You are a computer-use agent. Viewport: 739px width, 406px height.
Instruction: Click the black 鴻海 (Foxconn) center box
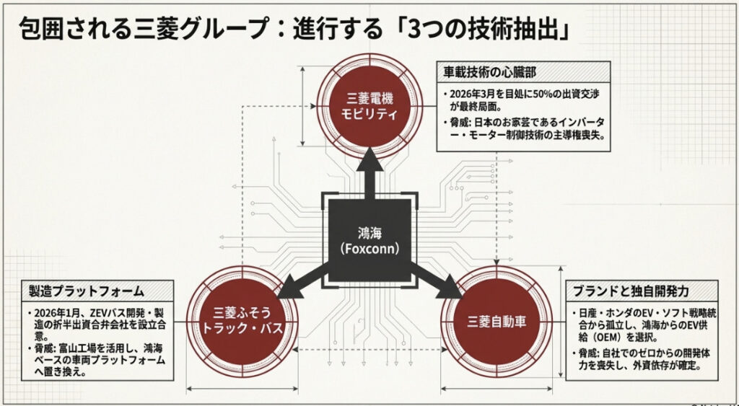tap(369, 241)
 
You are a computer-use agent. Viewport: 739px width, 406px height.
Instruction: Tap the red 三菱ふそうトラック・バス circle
tap(242, 322)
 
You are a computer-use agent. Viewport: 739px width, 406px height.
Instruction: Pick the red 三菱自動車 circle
tap(496, 322)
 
